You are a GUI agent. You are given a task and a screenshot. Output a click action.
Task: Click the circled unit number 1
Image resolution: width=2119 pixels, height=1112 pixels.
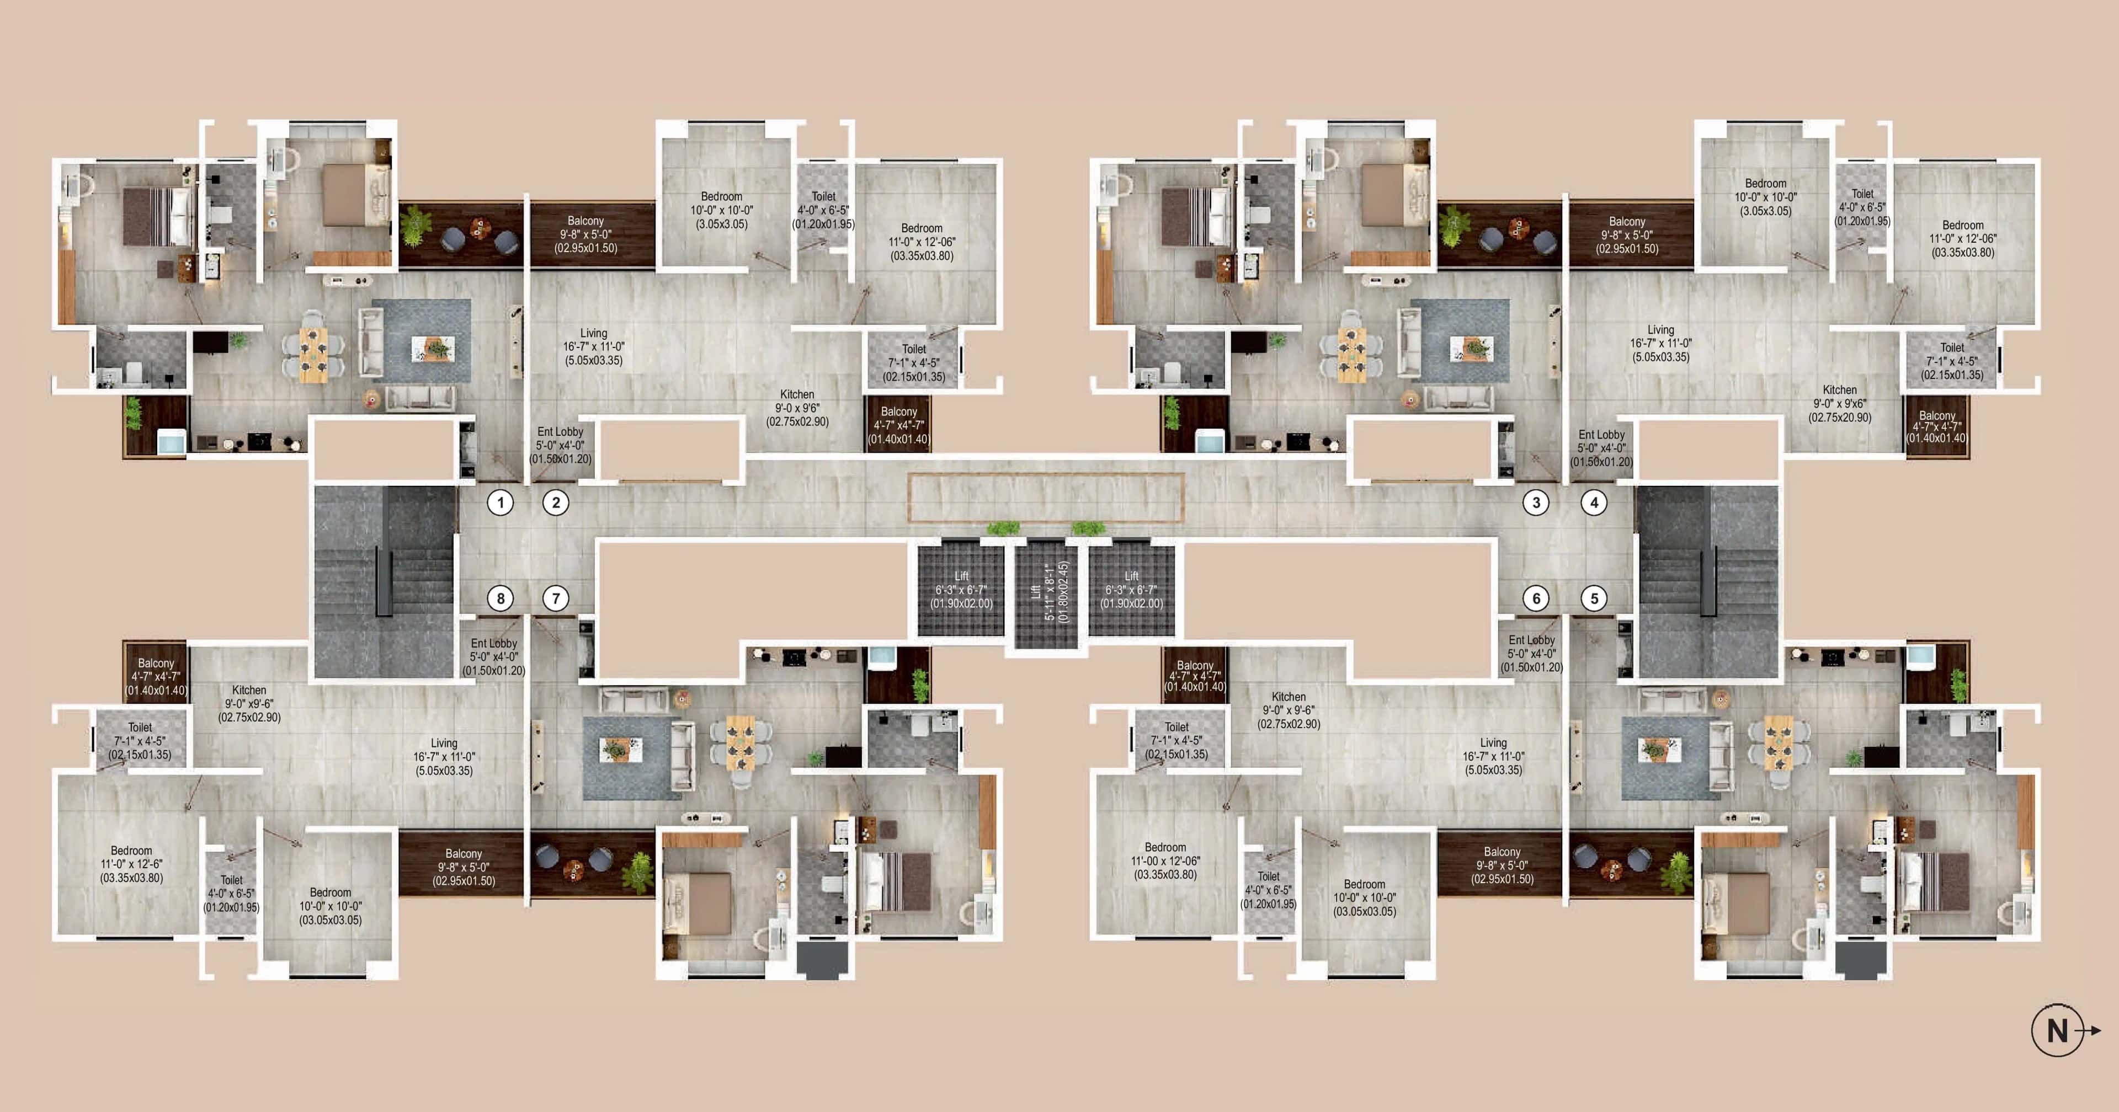click(500, 502)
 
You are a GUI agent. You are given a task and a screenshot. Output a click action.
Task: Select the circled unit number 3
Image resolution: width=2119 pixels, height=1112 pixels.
click(1536, 502)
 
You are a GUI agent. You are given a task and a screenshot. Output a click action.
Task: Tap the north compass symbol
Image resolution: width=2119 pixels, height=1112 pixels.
click(2059, 1030)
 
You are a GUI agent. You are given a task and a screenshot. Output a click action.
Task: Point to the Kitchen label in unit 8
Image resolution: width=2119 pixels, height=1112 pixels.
click(249, 703)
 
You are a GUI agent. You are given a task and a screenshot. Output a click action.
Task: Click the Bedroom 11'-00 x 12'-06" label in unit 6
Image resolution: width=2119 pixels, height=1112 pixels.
click(1165, 860)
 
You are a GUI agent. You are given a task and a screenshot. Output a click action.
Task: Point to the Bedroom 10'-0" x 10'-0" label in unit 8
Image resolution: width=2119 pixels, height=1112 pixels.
click(330, 906)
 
